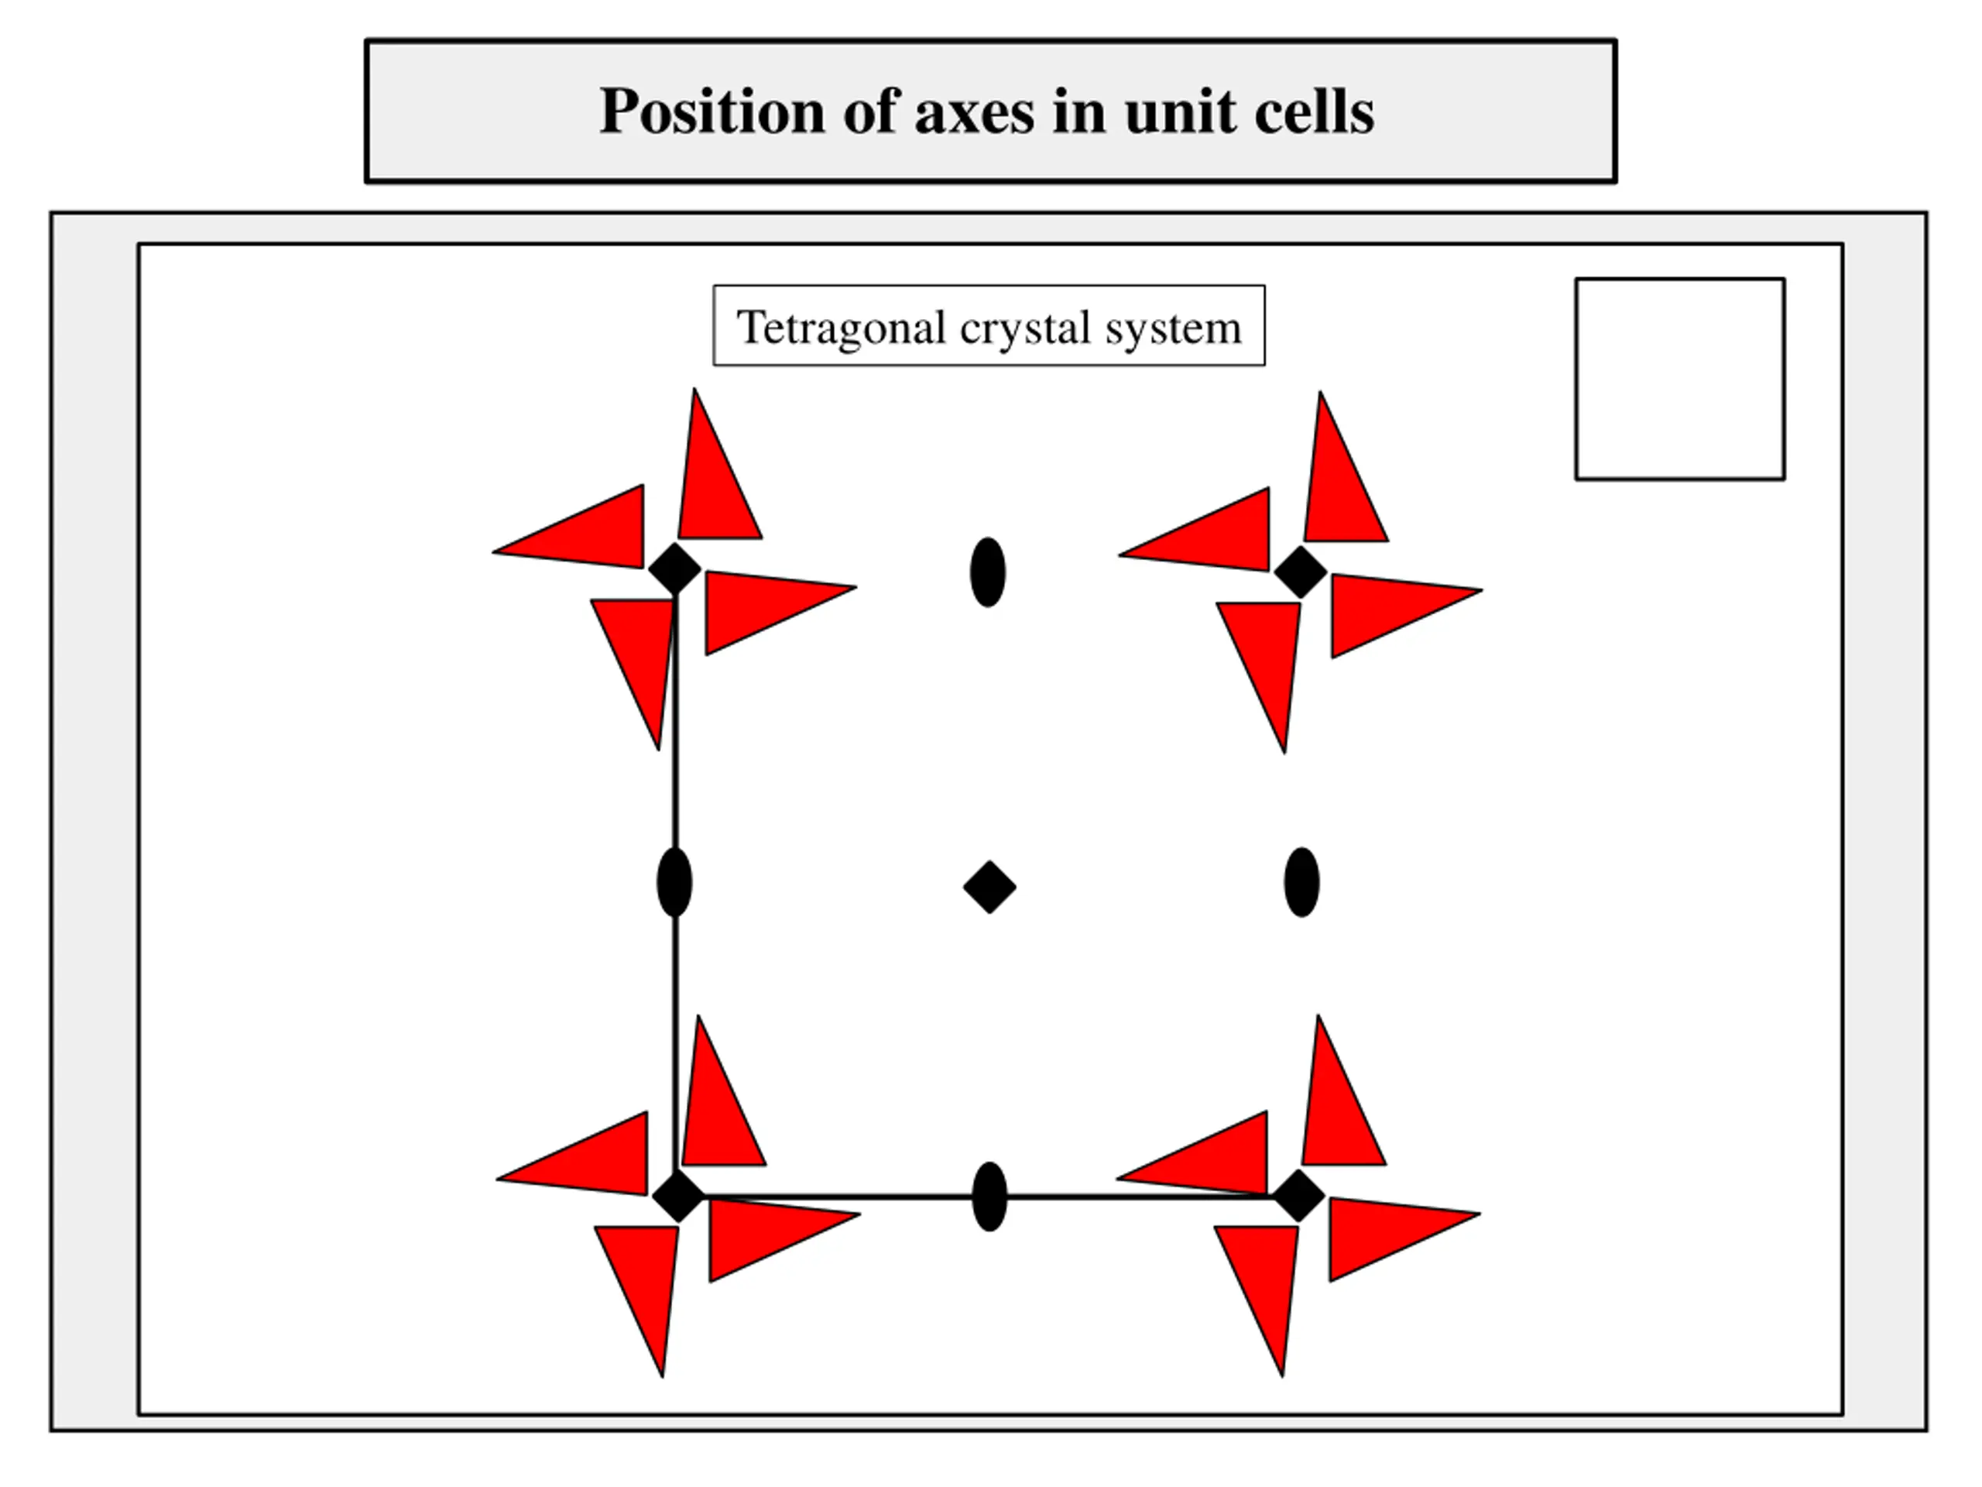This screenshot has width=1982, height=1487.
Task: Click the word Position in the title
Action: [x=712, y=112]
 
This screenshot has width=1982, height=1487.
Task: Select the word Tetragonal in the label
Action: [x=841, y=327]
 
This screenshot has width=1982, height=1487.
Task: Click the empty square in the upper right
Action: [x=1679, y=378]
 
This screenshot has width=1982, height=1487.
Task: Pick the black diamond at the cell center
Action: [x=989, y=888]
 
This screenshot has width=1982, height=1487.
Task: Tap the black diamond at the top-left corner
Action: [x=674, y=568]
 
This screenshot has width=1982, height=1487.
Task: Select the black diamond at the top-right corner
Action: [x=1300, y=571]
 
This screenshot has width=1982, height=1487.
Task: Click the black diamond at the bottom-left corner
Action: [x=678, y=1196]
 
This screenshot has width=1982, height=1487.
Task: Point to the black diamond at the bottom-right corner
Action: [x=1298, y=1196]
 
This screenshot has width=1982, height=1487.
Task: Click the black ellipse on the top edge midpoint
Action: [x=987, y=572]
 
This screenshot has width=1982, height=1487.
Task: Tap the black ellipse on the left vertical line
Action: [x=674, y=882]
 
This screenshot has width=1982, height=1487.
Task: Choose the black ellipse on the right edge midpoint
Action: [x=1301, y=882]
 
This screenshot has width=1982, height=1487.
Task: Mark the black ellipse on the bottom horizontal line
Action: [x=989, y=1197]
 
